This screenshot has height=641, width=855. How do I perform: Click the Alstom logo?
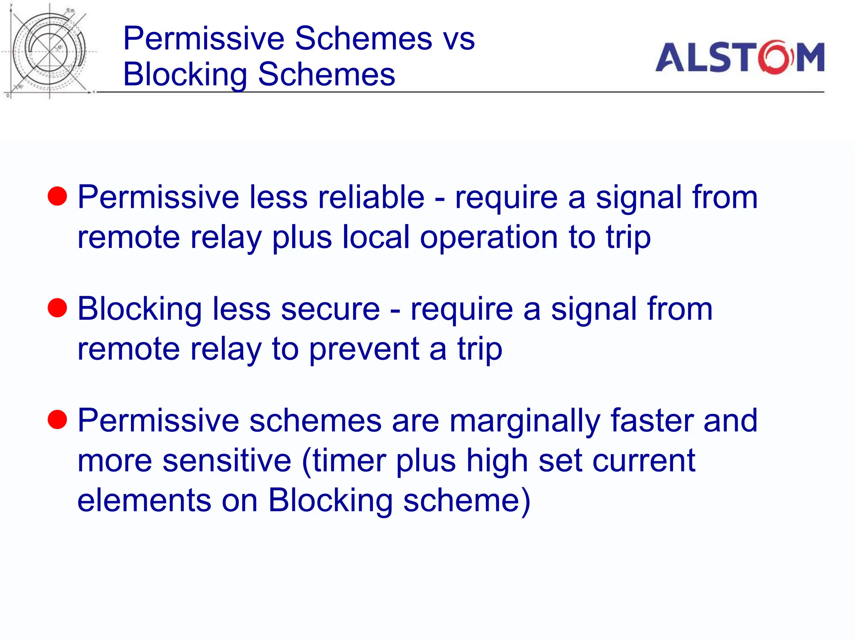pyautogui.click(x=739, y=58)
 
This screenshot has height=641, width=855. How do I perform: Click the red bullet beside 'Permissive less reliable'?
pyautogui.click(x=57, y=197)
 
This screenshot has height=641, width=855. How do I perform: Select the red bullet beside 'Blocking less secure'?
pyautogui.click(x=57, y=308)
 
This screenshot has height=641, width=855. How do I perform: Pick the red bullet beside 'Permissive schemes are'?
pyautogui.click(x=57, y=420)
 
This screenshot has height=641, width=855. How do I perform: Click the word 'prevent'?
pyautogui.click(x=364, y=349)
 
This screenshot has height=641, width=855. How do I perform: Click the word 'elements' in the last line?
pyautogui.click(x=144, y=500)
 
